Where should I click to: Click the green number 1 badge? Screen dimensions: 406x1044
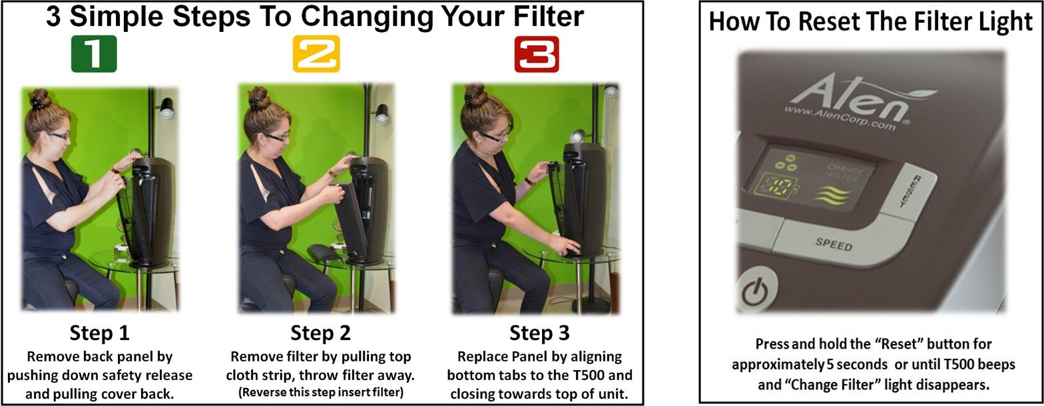[94, 54]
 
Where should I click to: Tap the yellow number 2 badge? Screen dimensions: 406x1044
[316, 54]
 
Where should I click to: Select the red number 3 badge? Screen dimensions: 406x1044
[537, 54]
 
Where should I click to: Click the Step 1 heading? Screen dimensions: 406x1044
[99, 332]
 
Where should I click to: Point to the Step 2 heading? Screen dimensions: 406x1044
[320, 332]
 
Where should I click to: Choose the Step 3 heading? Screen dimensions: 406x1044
[539, 332]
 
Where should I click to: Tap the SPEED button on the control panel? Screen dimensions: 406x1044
[834, 245]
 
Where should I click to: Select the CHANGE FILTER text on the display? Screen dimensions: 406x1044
[844, 171]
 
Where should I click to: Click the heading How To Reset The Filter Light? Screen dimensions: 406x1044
[870, 21]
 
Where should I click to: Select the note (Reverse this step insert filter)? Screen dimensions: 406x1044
[320, 392]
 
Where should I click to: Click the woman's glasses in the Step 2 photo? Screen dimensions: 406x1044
[276, 137]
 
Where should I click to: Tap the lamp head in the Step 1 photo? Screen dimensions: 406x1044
[166, 108]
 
